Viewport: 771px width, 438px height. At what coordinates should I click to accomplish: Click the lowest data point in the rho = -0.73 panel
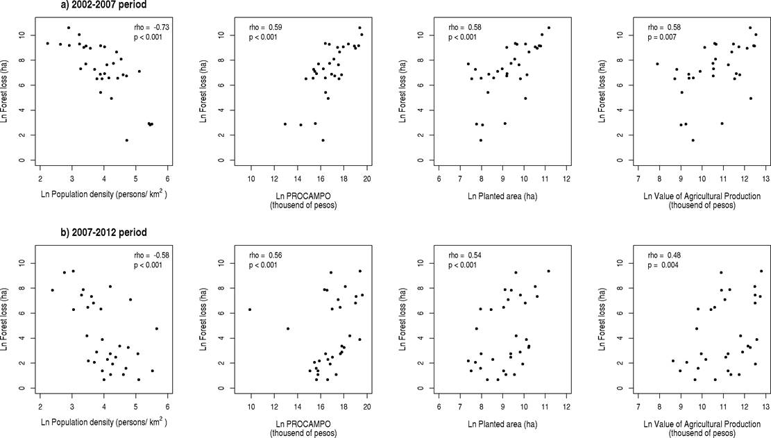pos(126,140)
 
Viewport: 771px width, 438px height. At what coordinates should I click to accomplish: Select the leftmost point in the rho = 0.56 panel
pos(250,310)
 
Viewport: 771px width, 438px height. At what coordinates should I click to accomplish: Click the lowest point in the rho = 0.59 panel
pos(323,140)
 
